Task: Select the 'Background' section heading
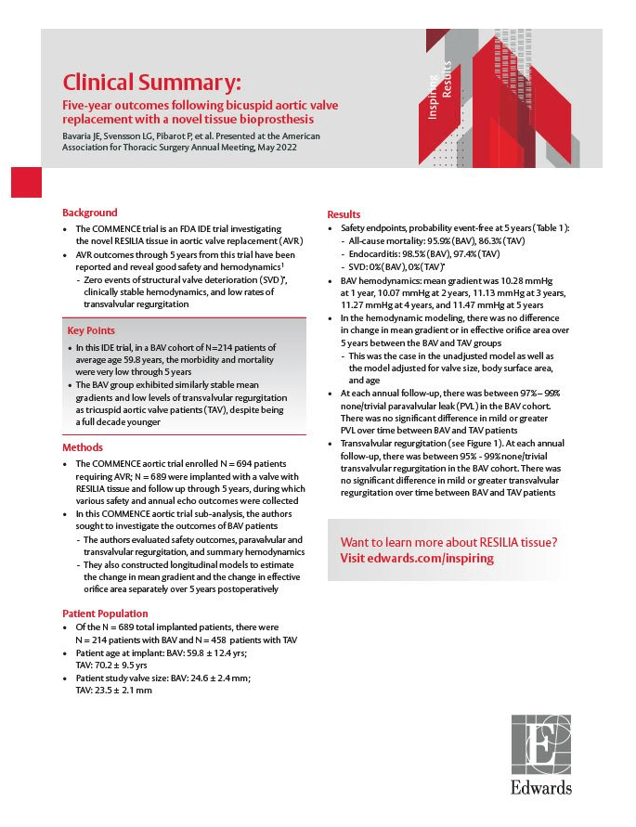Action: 89,213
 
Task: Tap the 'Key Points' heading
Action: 91,330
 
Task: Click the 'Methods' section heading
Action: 83,447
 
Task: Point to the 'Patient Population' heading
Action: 105,614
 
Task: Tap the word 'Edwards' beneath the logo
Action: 540,788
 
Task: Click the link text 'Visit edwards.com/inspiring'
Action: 417,559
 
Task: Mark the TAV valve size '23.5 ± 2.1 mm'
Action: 125,691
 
